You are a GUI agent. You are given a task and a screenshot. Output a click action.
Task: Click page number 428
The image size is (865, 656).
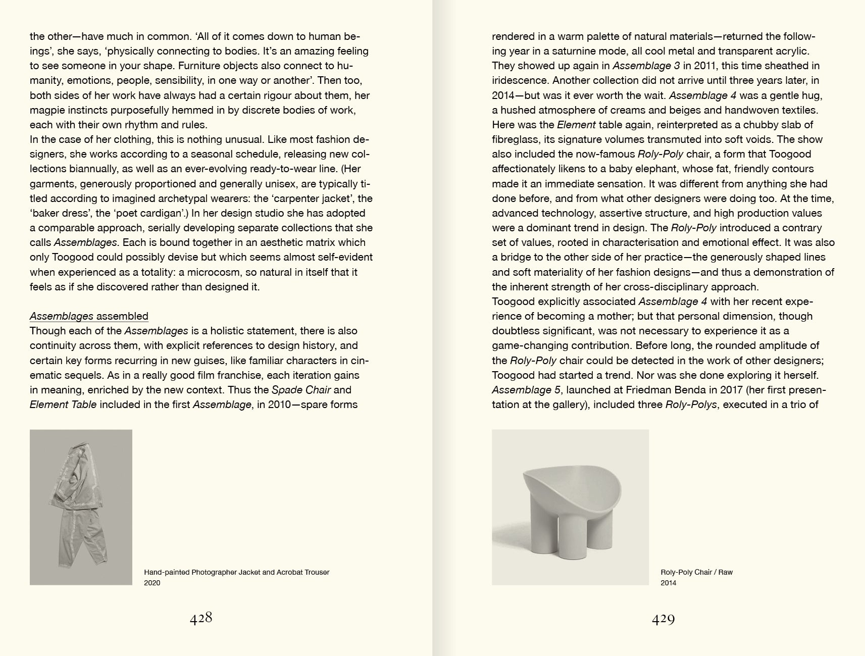pos(201,619)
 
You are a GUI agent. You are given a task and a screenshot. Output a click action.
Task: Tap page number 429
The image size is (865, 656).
pos(663,619)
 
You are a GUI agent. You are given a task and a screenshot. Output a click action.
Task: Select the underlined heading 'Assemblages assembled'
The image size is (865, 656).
pos(89,316)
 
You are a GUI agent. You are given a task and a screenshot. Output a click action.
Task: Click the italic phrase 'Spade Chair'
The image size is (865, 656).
pos(301,390)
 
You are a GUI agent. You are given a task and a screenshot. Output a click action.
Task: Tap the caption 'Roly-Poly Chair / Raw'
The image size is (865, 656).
pos(696,572)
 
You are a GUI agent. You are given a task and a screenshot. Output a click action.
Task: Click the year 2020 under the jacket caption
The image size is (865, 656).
pos(152,583)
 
